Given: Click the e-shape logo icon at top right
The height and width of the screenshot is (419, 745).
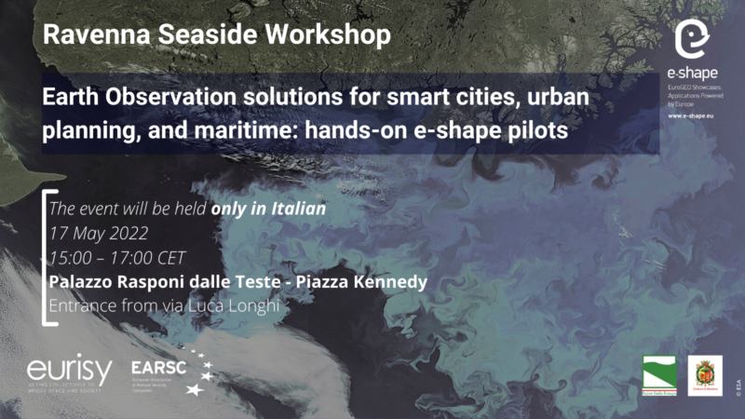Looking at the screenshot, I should pos(690,40).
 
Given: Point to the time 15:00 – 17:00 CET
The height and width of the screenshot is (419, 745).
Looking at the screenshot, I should pos(117,256).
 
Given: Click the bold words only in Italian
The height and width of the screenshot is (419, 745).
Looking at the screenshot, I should pos(268,209).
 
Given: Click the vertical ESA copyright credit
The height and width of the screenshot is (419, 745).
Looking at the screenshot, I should pos(736,385).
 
